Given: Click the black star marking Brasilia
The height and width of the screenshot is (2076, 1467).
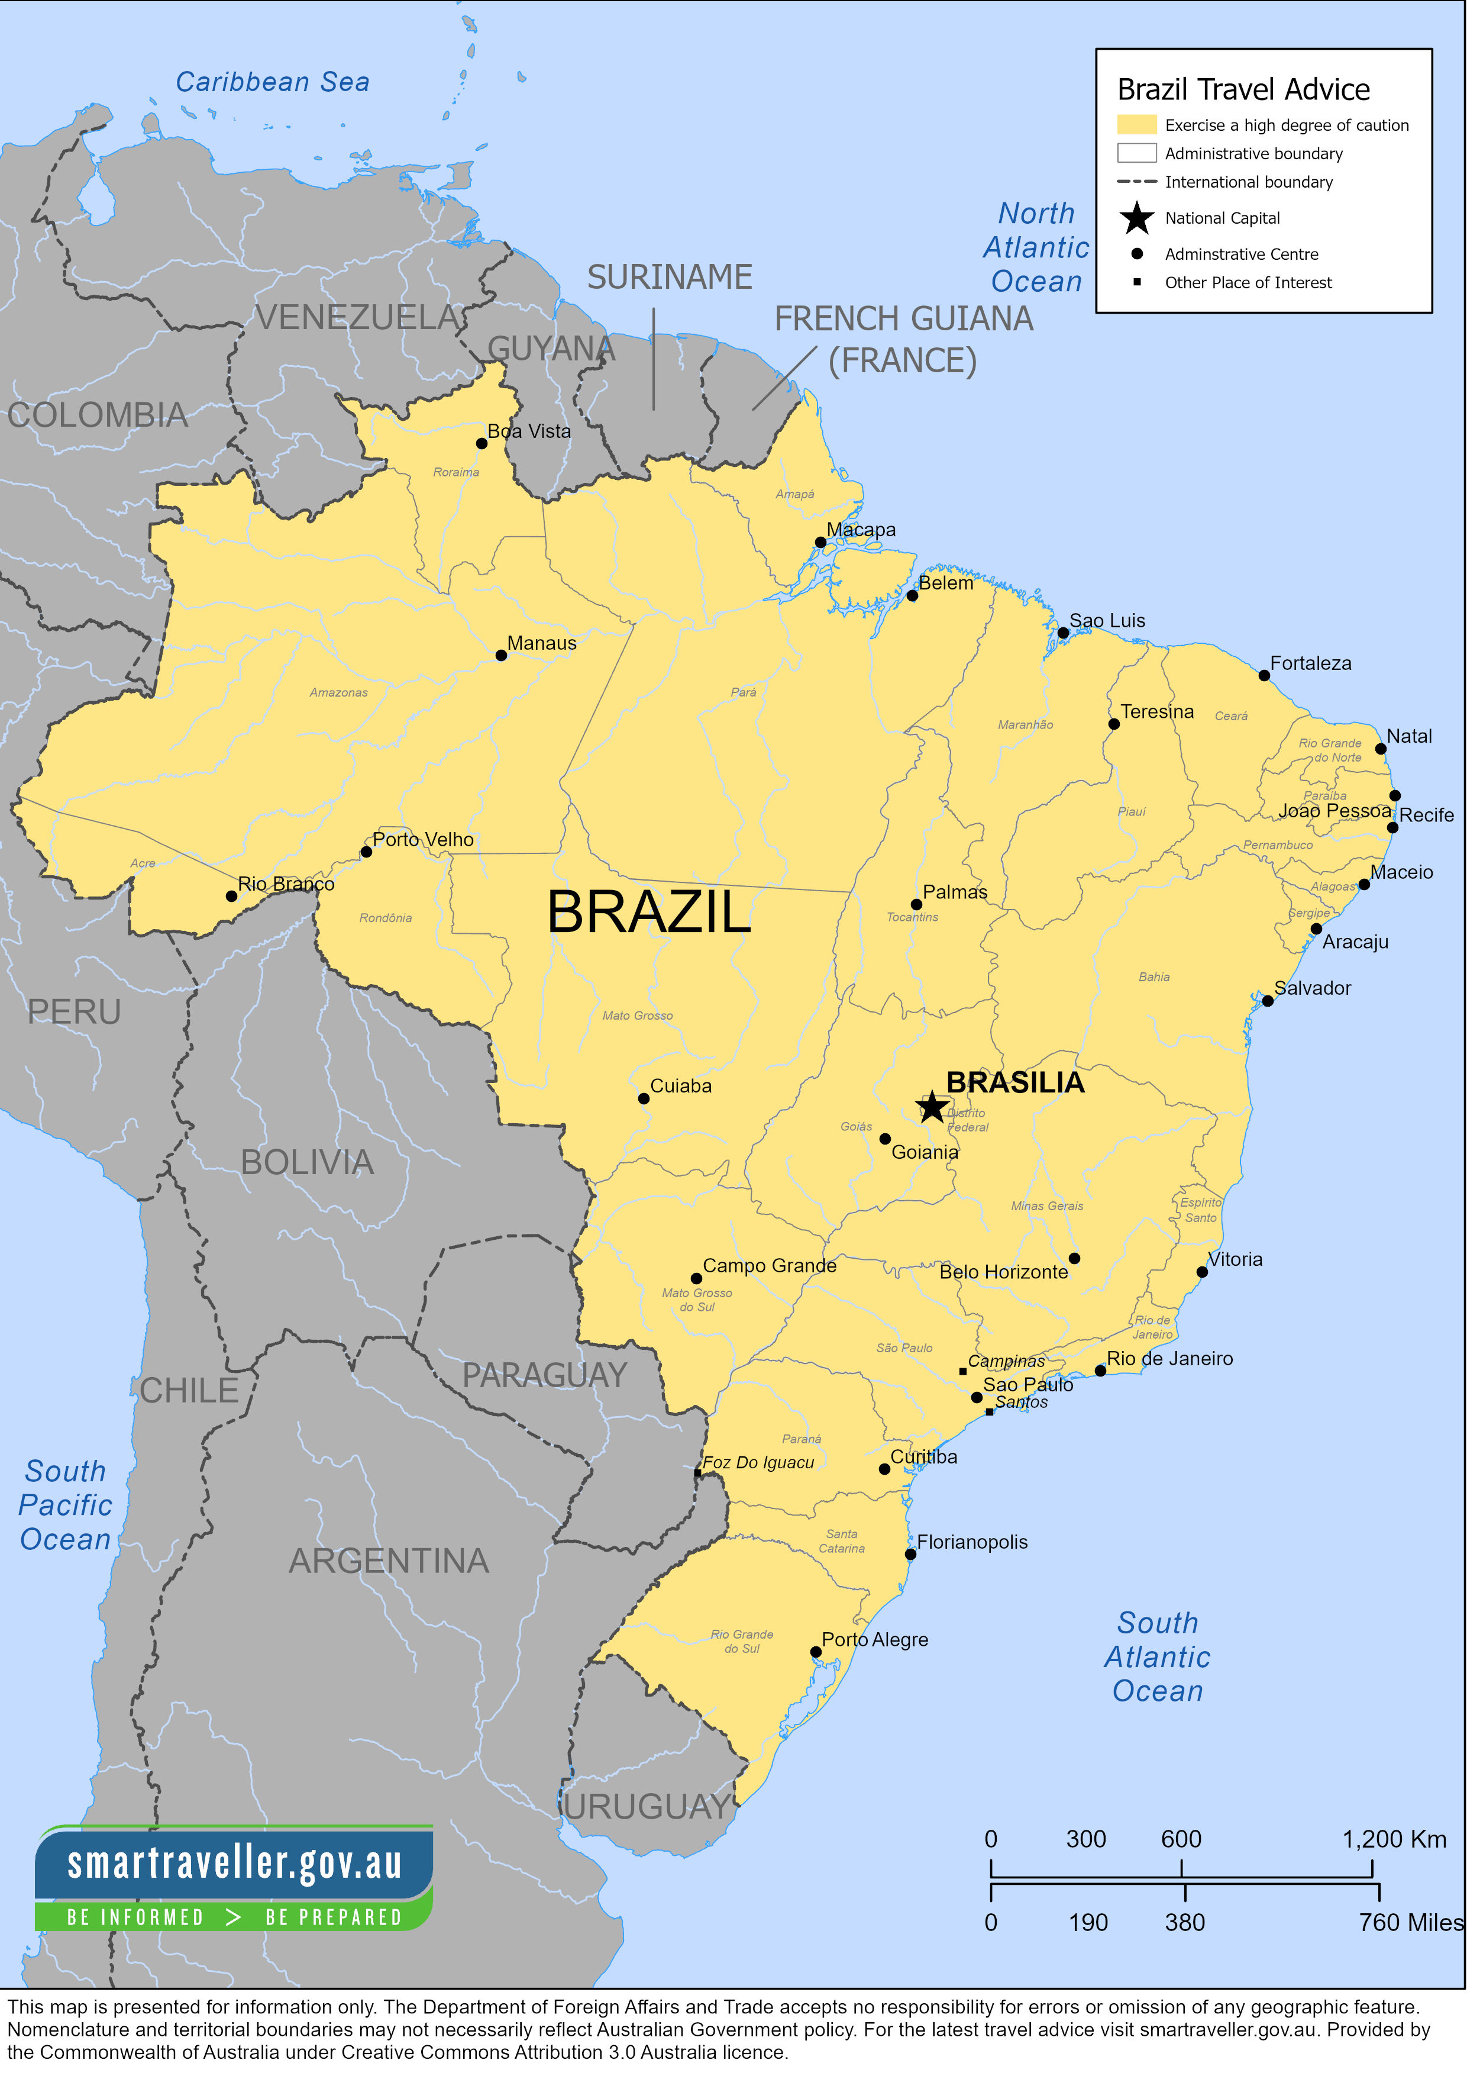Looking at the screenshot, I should pyautogui.click(x=932, y=1107).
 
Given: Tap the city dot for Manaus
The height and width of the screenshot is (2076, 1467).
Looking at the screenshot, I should pyautogui.click(x=502, y=656).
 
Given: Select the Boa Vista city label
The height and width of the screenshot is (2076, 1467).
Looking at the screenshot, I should pyautogui.click(x=529, y=431).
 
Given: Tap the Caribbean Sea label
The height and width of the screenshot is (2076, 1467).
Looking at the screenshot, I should pyautogui.click(x=272, y=82).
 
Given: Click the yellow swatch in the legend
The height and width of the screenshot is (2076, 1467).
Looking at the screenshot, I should pyautogui.click(x=1136, y=125).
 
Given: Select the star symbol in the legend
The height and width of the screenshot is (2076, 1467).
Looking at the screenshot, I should pyautogui.click(x=1136, y=218).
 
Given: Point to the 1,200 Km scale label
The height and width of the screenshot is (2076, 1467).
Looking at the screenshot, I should pyautogui.click(x=1393, y=1839).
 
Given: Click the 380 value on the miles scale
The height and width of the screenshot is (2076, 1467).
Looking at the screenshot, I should pyautogui.click(x=1184, y=1922).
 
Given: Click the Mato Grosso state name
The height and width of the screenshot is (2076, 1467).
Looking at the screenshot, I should pyautogui.click(x=637, y=1016).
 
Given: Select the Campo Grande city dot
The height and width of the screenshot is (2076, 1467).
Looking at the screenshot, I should pyautogui.click(x=696, y=1278).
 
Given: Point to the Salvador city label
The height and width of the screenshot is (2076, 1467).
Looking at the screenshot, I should pyautogui.click(x=1313, y=988).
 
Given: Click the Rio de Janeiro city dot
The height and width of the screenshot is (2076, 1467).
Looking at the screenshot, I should pyautogui.click(x=1100, y=1371).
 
